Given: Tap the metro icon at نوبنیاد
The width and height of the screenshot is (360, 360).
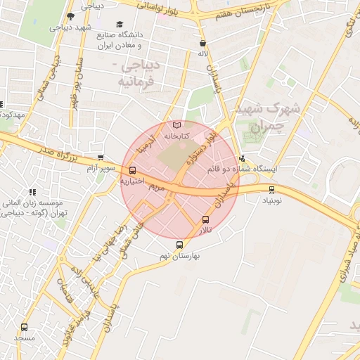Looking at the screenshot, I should point(271,189).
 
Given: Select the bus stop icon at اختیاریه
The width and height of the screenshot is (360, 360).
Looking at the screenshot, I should point(133,170).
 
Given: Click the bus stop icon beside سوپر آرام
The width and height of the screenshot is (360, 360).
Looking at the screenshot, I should point(101,158).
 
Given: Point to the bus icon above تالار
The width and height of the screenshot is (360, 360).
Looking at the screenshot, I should point(205,219).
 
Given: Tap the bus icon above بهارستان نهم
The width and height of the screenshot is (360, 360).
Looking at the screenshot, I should point(180,245).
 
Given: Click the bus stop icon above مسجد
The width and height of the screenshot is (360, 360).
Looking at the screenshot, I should point(25,327).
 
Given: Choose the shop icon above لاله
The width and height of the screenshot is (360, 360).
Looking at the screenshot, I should point(202,42).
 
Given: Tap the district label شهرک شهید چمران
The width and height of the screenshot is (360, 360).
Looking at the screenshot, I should point(270,118).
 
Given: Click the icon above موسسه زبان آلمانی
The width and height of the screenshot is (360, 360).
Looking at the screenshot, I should point(32,192).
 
